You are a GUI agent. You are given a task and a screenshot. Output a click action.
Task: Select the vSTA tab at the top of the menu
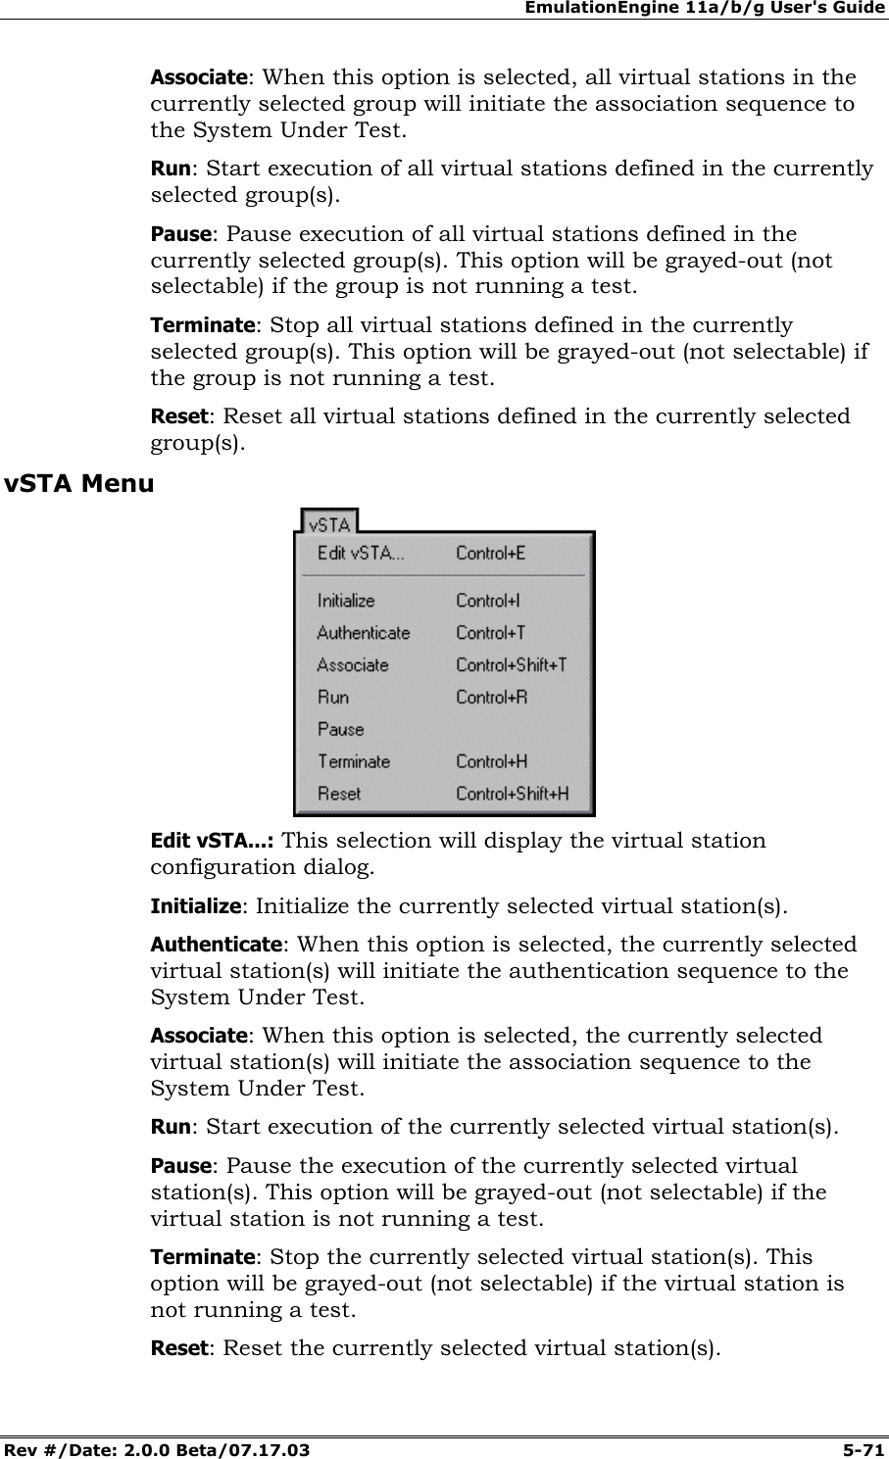point(329,523)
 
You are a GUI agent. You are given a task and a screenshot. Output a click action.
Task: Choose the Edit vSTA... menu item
point(360,554)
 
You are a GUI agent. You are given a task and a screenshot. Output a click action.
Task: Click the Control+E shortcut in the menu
point(490,554)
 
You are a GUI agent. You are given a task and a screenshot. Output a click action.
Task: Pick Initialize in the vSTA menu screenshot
point(345,601)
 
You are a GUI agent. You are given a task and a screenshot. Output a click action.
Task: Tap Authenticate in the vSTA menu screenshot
point(363,633)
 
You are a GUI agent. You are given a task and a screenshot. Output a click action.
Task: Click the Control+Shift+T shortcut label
point(511,665)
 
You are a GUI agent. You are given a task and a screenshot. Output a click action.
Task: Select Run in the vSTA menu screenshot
point(332,698)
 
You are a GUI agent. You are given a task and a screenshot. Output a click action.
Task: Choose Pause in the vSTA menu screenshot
point(339,730)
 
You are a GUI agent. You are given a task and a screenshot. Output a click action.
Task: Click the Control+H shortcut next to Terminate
point(491,761)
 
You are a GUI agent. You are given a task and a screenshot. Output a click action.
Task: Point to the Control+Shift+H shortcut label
point(512,794)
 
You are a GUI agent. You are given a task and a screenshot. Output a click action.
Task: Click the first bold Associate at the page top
point(197,77)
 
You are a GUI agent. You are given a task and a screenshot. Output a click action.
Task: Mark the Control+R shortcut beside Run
point(491,698)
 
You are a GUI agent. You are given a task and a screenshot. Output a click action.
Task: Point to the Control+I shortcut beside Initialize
point(487,601)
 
